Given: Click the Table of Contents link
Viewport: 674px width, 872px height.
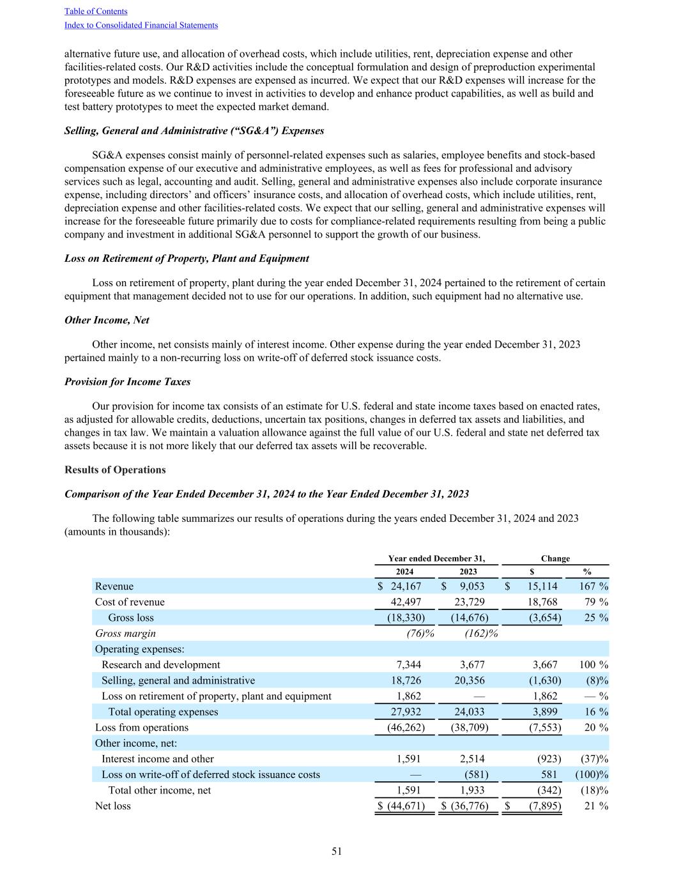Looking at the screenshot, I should [96, 11].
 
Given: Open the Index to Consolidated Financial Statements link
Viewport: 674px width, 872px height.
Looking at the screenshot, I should [141, 26].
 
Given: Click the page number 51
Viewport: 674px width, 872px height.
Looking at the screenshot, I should [337, 851].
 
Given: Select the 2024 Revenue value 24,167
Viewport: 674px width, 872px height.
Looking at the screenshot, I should [405, 586].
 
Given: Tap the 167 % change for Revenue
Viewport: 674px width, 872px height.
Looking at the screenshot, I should [593, 586].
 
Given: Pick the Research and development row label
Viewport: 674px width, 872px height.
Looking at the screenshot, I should [160, 664].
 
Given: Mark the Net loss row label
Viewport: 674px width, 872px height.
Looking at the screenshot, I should [112, 806].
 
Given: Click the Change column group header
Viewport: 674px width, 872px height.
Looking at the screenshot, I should [555, 558].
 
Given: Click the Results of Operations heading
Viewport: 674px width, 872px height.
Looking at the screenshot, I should [115, 470].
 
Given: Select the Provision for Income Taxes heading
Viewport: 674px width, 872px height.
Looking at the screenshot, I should [127, 381].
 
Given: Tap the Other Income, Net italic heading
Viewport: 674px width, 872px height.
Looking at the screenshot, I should [107, 320].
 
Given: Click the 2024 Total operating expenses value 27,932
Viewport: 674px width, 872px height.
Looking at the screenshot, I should [406, 712].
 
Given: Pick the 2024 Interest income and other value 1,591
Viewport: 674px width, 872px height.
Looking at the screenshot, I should [409, 759].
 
